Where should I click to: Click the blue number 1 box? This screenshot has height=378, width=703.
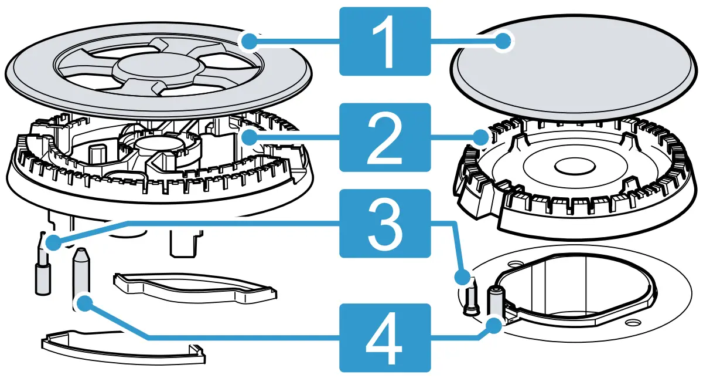pos(385,41)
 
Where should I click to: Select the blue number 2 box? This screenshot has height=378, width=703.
pos(385,138)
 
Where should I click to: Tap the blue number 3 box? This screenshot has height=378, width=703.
pos(385,223)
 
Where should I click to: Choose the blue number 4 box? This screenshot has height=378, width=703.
pos(385,338)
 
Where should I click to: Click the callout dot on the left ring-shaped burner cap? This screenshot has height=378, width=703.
pos(250,41)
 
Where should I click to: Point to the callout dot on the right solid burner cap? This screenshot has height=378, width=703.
pos(503,41)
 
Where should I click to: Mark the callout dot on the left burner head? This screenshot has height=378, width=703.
pos(250,139)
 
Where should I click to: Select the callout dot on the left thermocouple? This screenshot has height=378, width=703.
pos(86,303)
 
